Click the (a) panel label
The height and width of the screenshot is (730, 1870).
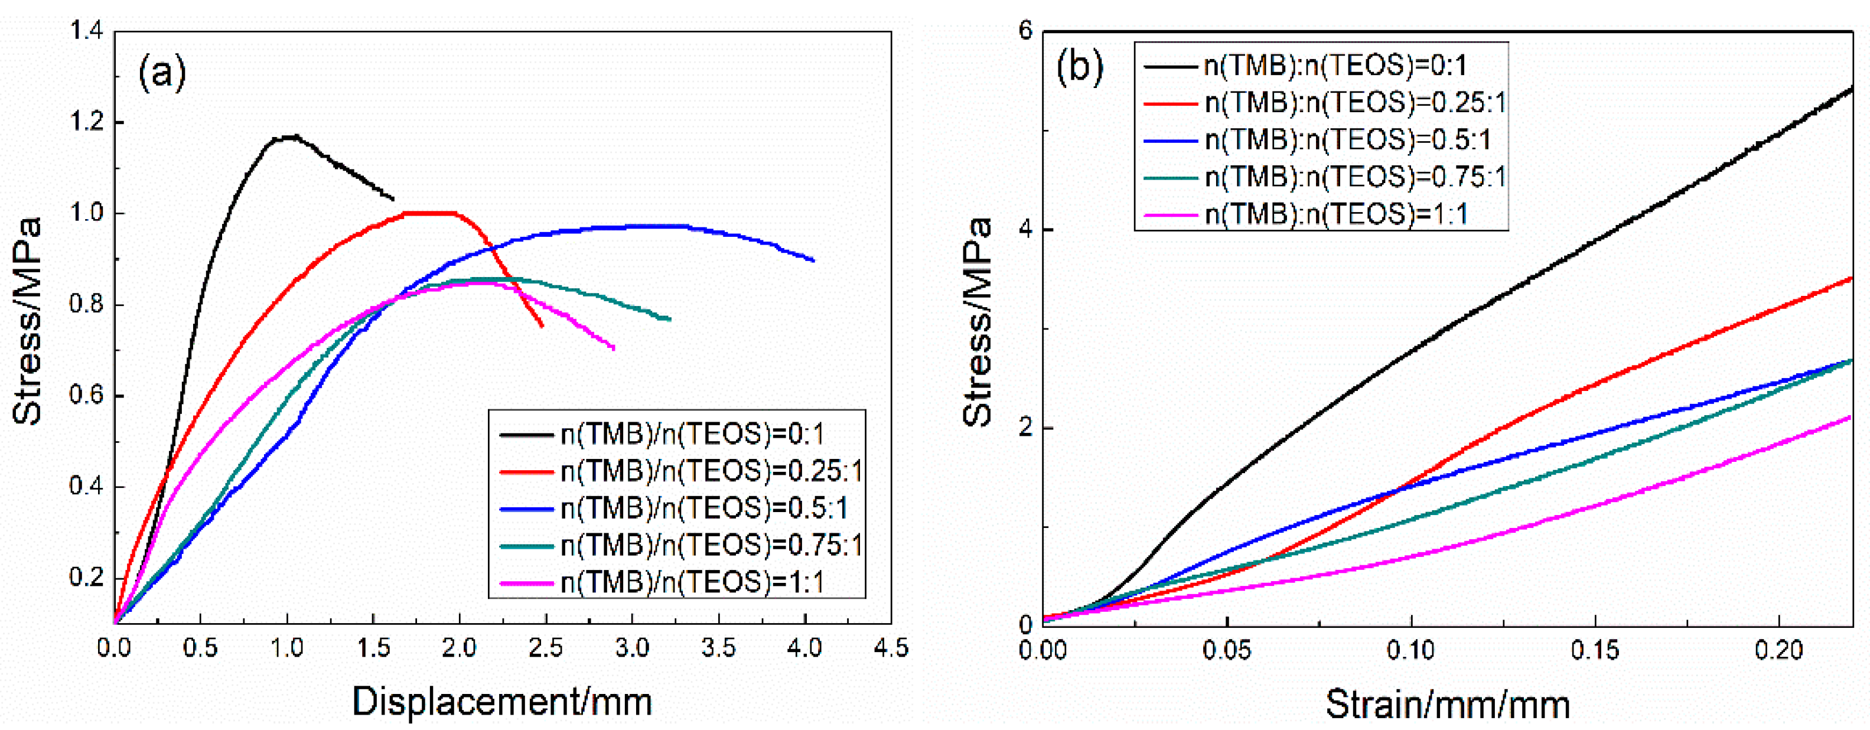coord(162,73)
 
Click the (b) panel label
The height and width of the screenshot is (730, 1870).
coord(1080,67)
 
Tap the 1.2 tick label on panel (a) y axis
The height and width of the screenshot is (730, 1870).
coord(86,122)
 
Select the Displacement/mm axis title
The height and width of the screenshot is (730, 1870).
coord(502,701)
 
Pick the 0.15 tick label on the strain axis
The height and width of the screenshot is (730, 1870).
coord(1595,650)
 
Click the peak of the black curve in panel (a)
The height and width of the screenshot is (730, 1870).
coord(291,136)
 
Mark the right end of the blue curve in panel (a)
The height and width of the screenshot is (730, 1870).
coord(813,260)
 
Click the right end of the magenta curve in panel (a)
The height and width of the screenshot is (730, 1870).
coord(614,348)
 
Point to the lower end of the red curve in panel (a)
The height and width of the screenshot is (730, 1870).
coord(542,326)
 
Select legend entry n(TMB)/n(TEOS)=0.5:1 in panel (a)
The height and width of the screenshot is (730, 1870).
coord(703,509)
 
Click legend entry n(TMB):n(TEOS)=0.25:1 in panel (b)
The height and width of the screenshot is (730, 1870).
coord(1354,103)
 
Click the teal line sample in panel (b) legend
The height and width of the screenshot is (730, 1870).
coord(1169,177)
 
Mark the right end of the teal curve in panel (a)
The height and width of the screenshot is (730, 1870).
coord(669,318)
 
